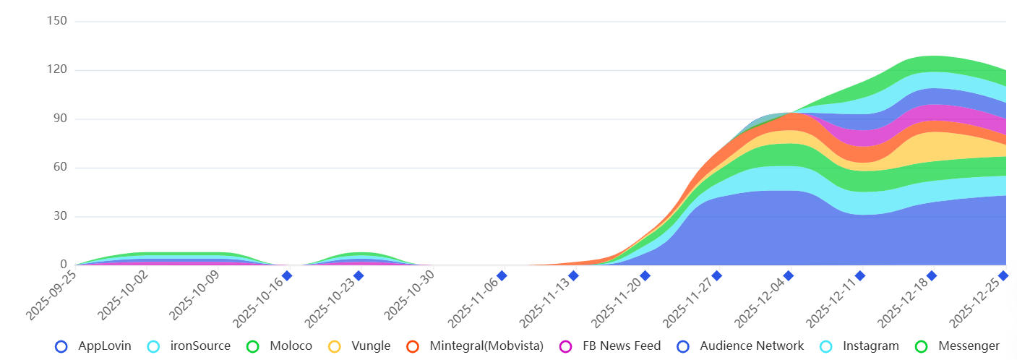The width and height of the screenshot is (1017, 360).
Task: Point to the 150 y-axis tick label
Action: click(56, 21)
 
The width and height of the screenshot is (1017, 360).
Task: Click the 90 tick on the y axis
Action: click(59, 119)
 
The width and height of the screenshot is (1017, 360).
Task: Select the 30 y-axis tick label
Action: click(59, 216)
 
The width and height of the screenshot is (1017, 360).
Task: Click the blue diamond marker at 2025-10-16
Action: click(287, 275)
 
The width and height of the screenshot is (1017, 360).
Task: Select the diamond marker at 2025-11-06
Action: click(502, 275)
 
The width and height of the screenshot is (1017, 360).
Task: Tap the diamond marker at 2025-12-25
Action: click(1003, 275)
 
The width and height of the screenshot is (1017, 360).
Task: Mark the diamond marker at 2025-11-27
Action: click(716, 275)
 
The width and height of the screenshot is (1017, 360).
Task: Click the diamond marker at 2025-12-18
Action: click(932, 275)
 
